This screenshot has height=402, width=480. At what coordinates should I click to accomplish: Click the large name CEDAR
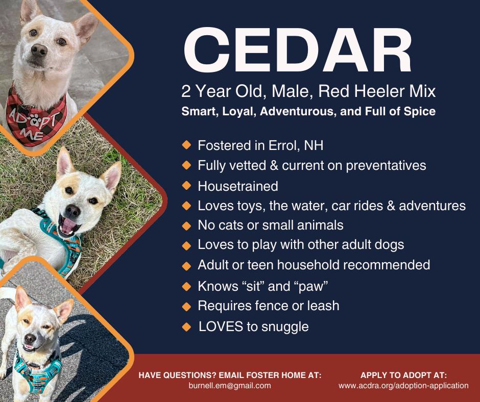pos(298,50)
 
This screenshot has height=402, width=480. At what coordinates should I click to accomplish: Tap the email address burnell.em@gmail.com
pos(230,386)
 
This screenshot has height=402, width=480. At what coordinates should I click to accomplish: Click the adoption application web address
pos(403,386)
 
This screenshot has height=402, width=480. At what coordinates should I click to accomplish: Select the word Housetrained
pos(238,186)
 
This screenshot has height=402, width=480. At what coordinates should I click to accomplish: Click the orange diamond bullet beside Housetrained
pos(186,185)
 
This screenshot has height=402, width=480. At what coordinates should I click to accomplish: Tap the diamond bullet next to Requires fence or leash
pos(186,306)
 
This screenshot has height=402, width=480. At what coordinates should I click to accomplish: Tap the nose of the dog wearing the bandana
pos(39,50)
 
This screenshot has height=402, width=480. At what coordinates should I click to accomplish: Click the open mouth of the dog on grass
pos(69,226)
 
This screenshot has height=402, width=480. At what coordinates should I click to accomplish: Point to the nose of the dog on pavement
pos(30,338)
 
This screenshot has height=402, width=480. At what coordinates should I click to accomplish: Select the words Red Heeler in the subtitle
pos(347,91)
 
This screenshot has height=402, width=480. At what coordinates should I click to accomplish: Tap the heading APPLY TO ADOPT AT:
pos(403,375)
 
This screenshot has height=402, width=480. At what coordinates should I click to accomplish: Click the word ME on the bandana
pos(32,134)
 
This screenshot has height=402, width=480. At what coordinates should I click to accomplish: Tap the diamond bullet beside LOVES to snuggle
pos(186,327)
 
